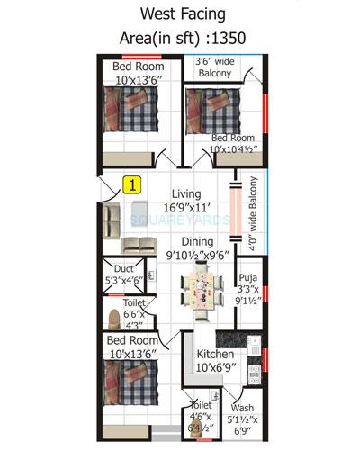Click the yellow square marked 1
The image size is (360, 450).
click(132, 186)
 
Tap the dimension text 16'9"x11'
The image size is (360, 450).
click(185, 207)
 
